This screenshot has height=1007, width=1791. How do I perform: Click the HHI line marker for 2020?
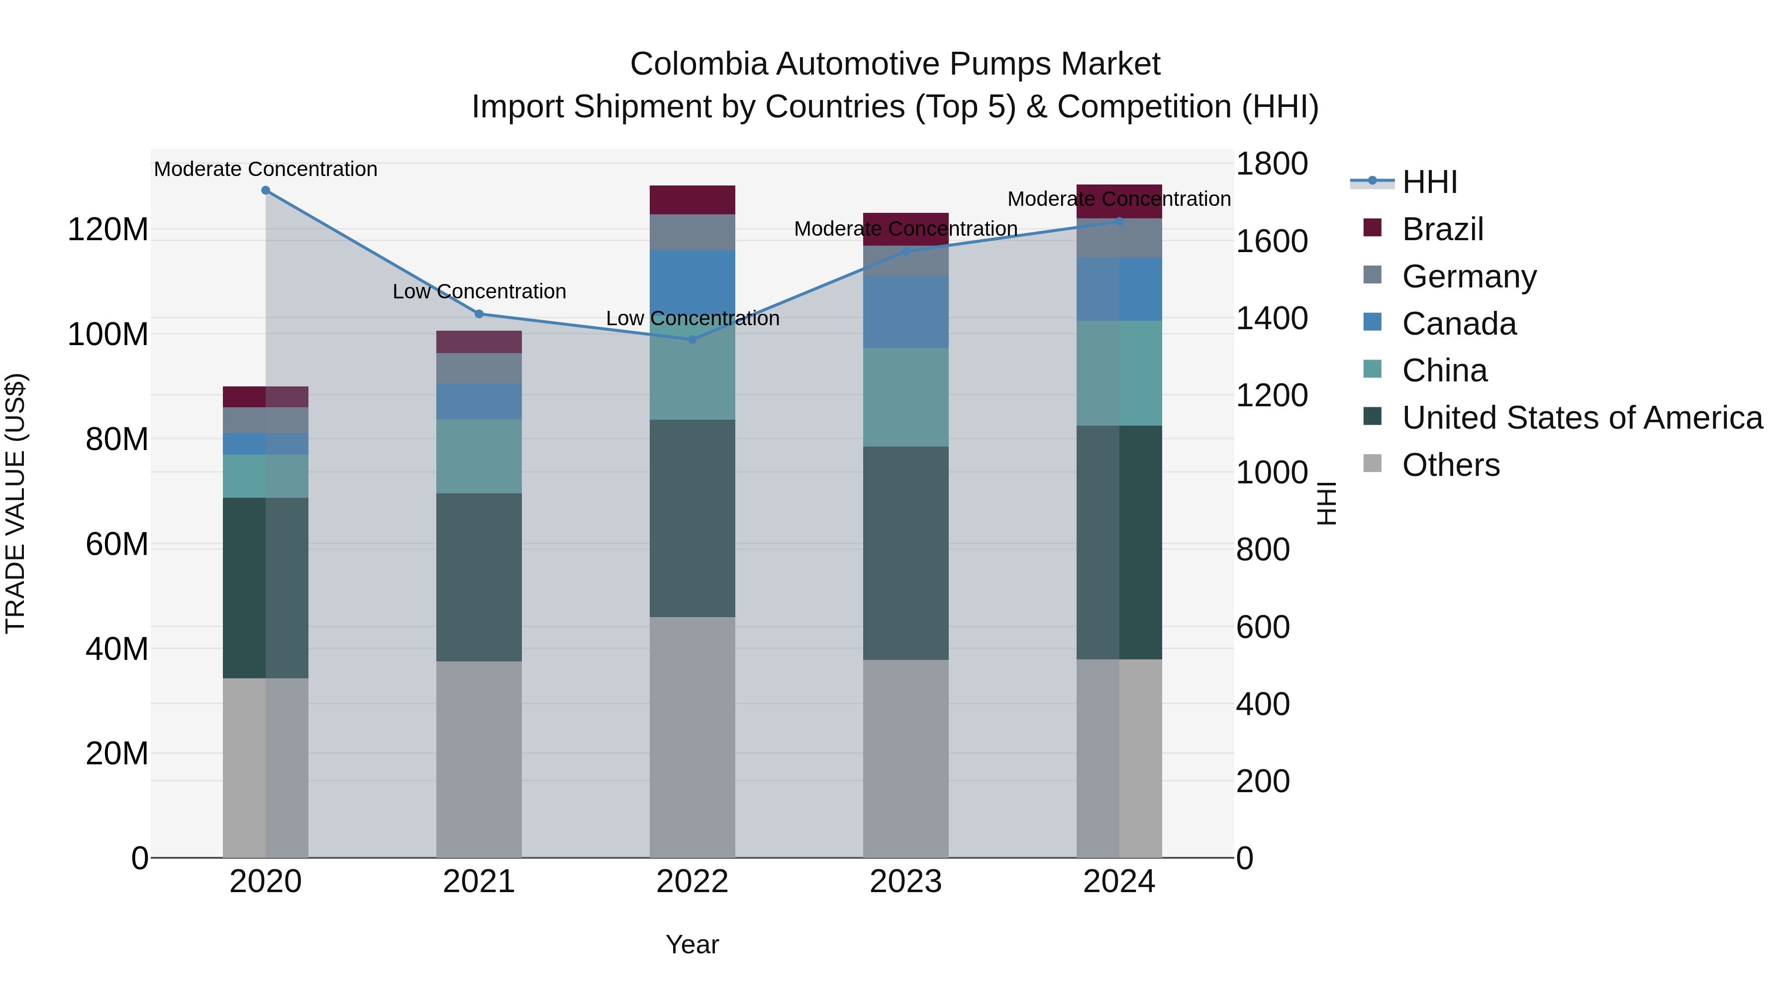(266, 190)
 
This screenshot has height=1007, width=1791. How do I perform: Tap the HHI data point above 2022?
(692, 340)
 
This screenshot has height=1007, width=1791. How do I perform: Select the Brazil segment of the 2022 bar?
(692, 200)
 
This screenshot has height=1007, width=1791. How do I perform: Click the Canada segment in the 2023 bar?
(905, 312)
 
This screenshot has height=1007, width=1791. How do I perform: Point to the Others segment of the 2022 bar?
(692, 736)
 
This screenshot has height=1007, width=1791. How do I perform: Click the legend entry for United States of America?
(1582, 418)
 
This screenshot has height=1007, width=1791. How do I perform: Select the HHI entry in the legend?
(1429, 182)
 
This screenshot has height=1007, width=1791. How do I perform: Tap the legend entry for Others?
(1450, 465)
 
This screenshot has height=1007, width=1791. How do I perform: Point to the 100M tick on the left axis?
(108, 334)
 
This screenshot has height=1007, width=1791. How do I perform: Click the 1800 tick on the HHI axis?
(1272, 165)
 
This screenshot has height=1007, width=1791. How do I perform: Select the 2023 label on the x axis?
(905, 882)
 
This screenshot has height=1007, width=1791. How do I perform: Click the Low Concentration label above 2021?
(479, 291)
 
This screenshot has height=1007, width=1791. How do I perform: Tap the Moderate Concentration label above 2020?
(266, 169)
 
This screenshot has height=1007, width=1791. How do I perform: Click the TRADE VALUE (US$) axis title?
(15, 503)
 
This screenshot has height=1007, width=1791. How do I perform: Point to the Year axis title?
(692, 944)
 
